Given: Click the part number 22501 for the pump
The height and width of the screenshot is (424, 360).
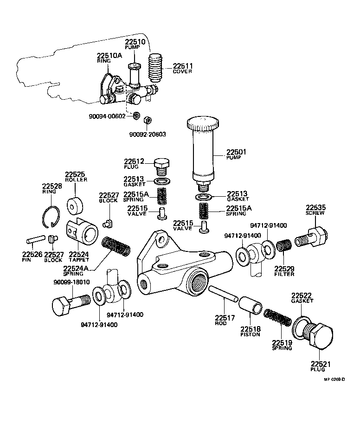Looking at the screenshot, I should coord(237,152).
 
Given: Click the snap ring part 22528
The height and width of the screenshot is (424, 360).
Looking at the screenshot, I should coord(53,217).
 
